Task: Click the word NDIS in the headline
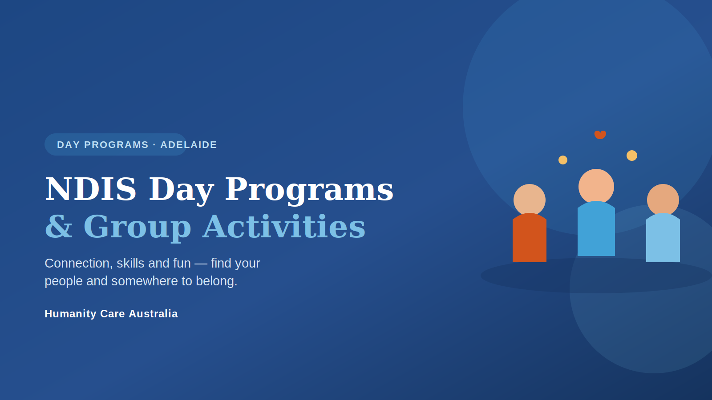[91, 189]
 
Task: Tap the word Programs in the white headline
[309, 191]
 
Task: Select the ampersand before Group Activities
[58, 226]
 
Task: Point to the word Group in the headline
[138, 228]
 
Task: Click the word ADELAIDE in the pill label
[189, 145]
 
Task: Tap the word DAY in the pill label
[69, 145]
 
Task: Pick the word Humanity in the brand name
[71, 314]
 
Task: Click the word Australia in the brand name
[153, 314]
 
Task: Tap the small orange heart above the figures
[600, 135]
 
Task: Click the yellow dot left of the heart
[563, 160]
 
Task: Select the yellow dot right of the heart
[632, 156]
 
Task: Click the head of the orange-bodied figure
[530, 200]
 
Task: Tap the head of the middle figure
[596, 186]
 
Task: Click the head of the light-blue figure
[663, 200]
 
